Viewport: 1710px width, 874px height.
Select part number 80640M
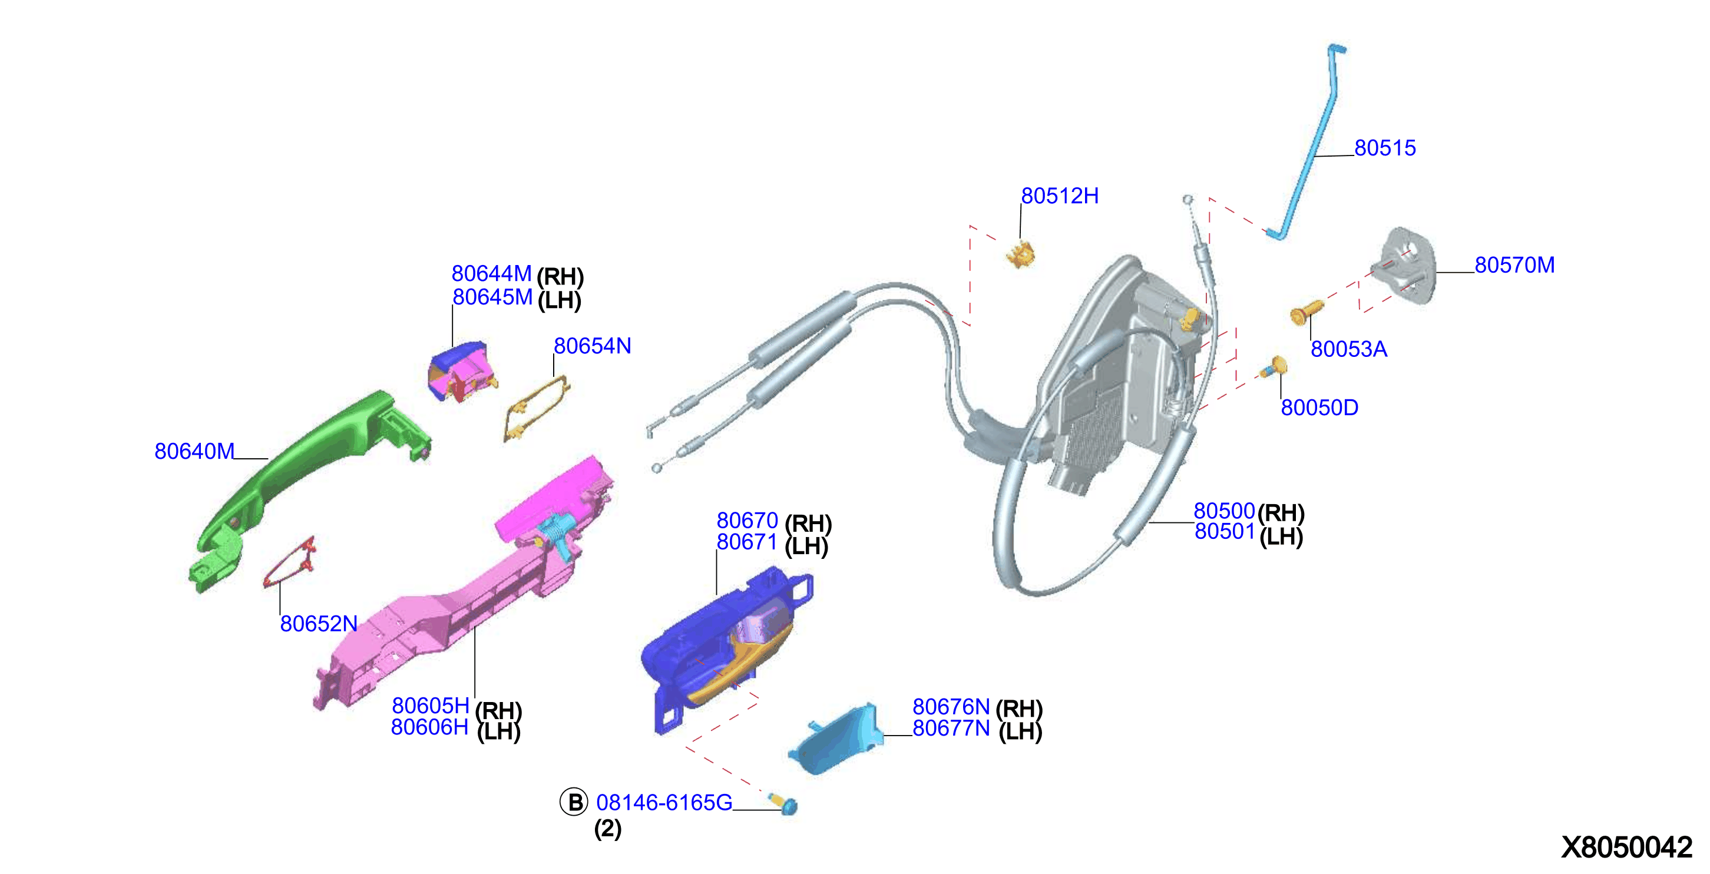tap(194, 451)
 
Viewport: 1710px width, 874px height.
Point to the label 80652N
tap(319, 624)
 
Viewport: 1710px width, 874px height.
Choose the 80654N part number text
tap(592, 346)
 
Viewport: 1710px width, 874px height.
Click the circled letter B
tap(574, 802)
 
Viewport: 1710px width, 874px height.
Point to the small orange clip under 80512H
tap(1021, 255)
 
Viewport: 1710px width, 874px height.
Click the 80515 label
tap(1385, 148)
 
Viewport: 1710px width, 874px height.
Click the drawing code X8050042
tap(1626, 847)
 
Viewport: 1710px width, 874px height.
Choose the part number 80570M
tap(1515, 266)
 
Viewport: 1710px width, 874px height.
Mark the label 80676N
tap(951, 707)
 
